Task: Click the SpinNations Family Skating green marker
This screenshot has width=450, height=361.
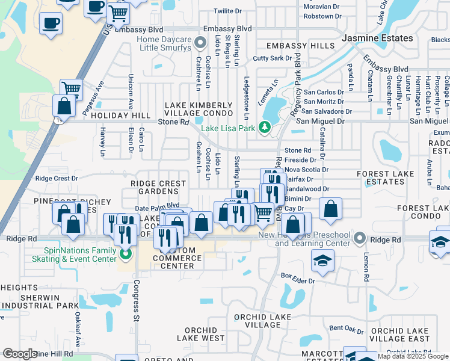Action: coord(126,254)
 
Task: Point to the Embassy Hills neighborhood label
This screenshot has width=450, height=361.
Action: coord(292,46)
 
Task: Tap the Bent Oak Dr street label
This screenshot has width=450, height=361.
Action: coord(347,329)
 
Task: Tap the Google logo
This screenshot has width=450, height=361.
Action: coord(20,354)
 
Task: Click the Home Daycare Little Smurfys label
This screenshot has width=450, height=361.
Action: coord(164,44)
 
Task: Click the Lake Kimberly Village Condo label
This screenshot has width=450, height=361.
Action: coord(199,109)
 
